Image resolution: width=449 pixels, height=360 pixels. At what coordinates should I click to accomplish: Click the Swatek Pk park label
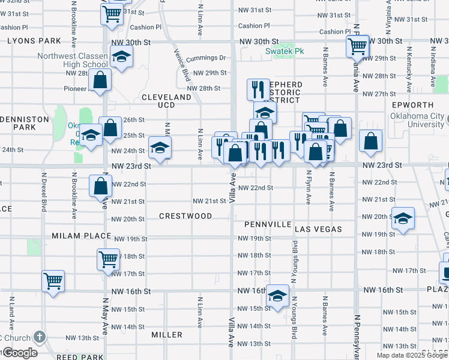[x=285, y=51]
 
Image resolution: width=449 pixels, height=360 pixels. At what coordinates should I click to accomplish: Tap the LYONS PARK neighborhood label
[x=35, y=41]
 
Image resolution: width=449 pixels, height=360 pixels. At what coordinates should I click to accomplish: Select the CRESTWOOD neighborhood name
[x=185, y=216]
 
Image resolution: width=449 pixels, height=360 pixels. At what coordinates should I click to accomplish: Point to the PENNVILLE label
[x=268, y=224]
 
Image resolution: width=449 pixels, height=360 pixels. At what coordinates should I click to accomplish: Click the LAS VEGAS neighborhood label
[x=318, y=229]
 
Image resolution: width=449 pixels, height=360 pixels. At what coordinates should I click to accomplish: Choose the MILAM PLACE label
[x=81, y=236]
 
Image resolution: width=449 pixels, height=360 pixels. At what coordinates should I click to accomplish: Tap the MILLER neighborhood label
[x=167, y=335]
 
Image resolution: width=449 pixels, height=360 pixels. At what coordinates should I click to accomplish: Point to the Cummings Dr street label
[x=205, y=58]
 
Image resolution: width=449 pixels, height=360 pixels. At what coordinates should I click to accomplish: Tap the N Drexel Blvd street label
[x=44, y=192]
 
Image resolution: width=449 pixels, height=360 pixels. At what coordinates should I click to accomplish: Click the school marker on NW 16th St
[x=277, y=296]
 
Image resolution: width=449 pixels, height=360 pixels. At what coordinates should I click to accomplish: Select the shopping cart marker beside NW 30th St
[x=357, y=45]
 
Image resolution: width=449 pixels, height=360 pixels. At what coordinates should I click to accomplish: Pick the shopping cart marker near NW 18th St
[x=108, y=259]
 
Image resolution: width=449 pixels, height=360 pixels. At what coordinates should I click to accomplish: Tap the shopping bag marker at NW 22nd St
[x=100, y=185]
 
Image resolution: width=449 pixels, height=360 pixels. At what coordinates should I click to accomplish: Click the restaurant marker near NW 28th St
[x=258, y=89]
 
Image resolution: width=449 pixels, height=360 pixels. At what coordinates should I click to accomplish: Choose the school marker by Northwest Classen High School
[x=122, y=58]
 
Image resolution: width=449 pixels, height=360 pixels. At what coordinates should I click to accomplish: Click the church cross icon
[x=40, y=337]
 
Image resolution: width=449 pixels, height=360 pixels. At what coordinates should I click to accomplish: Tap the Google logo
[x=19, y=353]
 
